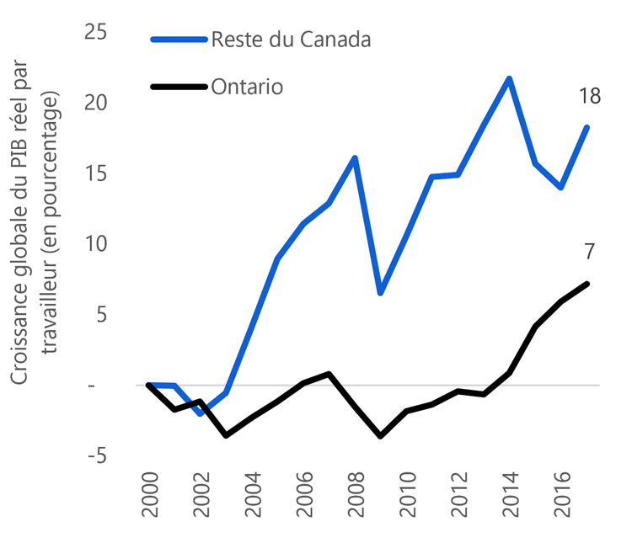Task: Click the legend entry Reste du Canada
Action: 291,39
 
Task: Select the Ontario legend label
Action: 247,88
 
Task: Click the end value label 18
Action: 589,97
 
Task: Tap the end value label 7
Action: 589,251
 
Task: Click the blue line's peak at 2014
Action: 510,78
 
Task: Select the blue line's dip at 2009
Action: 381,293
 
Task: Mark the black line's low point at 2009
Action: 381,436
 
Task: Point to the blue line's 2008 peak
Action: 356,158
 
